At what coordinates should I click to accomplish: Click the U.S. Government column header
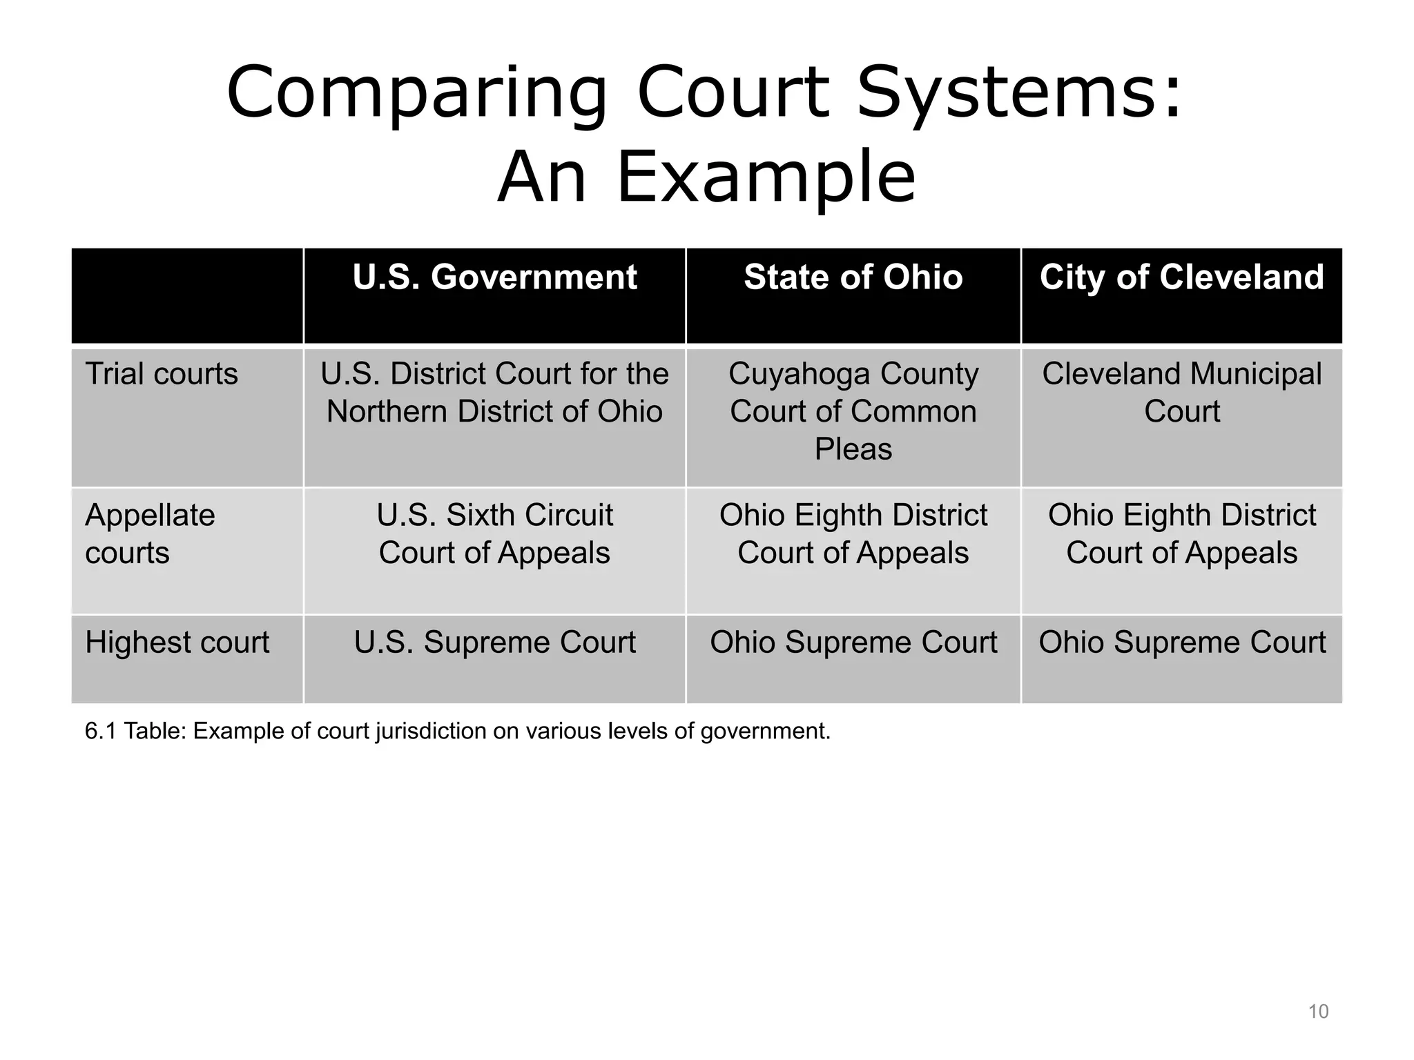click(494, 277)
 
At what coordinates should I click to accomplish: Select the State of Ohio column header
click(853, 277)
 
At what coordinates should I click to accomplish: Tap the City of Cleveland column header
click(1181, 277)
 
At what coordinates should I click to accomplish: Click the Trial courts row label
click(162, 374)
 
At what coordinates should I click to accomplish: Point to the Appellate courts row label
click(150, 533)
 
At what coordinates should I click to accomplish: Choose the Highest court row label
click(177, 642)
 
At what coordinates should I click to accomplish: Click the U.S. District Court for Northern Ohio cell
click(494, 393)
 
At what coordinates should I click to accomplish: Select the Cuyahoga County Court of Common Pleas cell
click(853, 411)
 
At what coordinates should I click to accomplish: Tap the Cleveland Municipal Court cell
click(1181, 393)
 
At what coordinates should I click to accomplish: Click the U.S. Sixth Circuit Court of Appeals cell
click(494, 533)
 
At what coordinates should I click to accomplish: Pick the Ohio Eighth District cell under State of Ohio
click(853, 533)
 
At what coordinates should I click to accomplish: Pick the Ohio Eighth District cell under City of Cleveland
click(1181, 533)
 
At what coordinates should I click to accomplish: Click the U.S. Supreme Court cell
click(494, 642)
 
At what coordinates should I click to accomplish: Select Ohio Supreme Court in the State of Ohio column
click(853, 642)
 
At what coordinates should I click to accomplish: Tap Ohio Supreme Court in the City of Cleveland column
click(1181, 642)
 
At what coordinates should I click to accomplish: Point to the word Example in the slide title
click(766, 177)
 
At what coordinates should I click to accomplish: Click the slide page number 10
click(1318, 1012)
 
